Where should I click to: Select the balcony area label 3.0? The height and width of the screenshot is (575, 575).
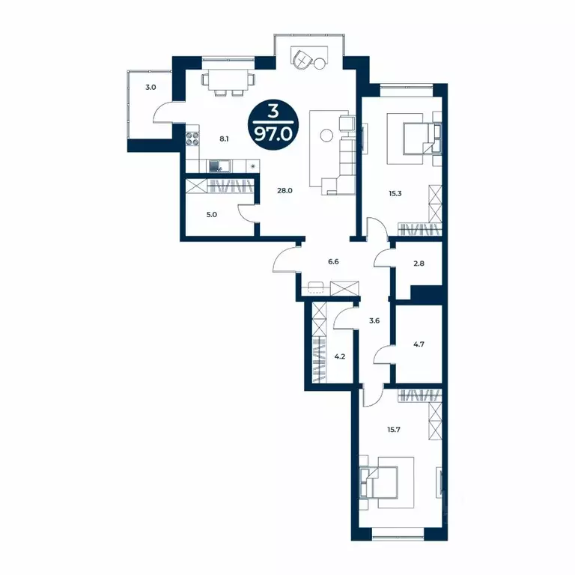pos(150,88)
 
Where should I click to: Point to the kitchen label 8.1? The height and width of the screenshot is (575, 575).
pos(224,139)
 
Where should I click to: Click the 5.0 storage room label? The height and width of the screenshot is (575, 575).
pos(212,214)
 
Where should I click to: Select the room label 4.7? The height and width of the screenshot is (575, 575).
pos(419,346)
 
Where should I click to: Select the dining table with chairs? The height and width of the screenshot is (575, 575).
pos(227,81)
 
